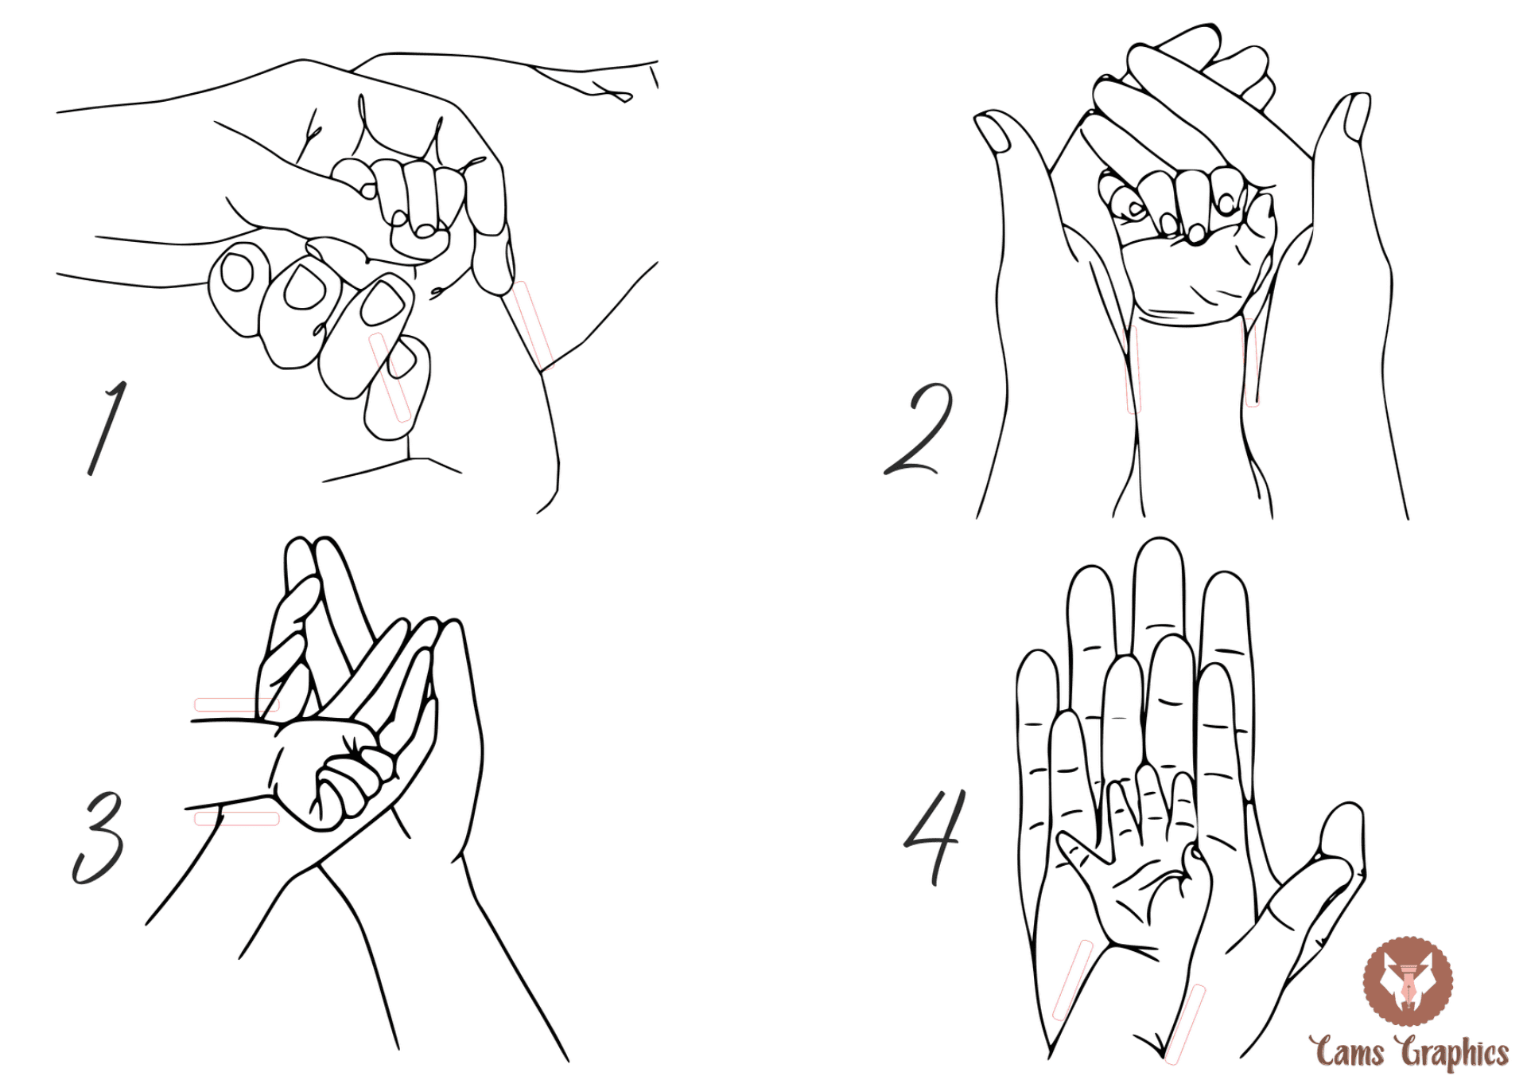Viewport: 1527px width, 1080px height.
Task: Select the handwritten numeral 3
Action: tap(99, 837)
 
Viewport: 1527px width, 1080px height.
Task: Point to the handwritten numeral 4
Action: tap(936, 837)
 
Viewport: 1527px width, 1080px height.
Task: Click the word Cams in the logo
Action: tap(1350, 1051)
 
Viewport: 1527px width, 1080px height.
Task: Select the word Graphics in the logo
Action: tap(1455, 1052)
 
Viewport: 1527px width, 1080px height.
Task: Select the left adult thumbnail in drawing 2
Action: tap(993, 132)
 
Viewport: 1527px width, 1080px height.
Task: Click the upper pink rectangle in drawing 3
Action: tap(237, 705)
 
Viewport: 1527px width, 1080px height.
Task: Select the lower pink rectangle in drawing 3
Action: tap(237, 818)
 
